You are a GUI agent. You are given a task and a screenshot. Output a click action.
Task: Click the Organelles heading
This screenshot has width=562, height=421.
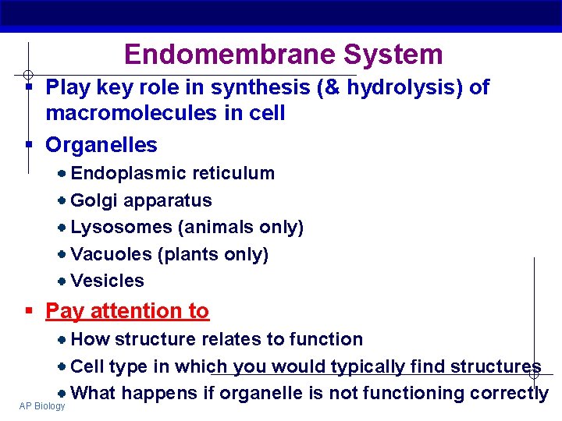click(101, 145)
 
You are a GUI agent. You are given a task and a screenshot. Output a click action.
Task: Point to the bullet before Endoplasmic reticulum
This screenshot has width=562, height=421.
click(62, 173)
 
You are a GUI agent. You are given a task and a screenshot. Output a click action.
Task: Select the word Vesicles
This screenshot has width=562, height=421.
click(108, 281)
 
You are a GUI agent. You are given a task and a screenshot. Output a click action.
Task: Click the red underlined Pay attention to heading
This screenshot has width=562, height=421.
click(127, 311)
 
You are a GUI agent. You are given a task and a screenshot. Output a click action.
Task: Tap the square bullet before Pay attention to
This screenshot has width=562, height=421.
click(29, 311)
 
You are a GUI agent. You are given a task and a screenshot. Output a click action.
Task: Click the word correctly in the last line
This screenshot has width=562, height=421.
click(509, 393)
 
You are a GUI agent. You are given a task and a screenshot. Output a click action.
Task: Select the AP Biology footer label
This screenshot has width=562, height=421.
click(43, 406)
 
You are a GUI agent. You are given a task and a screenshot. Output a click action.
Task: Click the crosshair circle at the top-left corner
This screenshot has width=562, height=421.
click(27, 75)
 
